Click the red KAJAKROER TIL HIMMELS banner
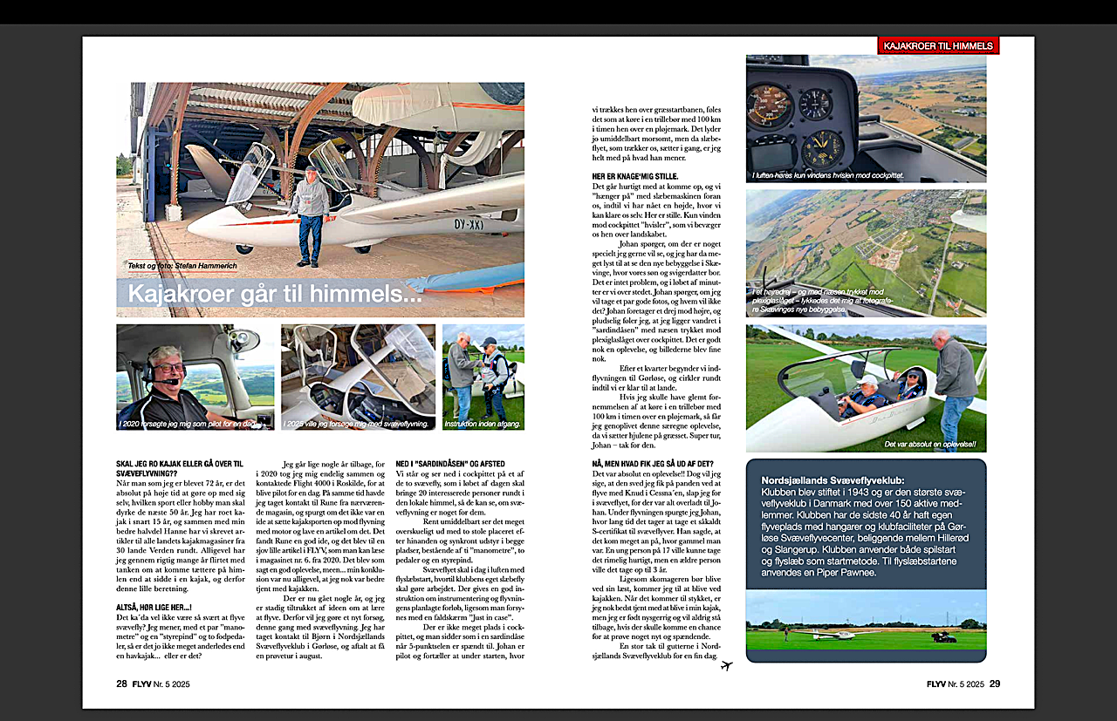[x=937, y=45]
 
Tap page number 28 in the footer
[x=122, y=684]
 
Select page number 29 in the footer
[x=995, y=684]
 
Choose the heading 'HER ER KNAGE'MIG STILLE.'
[x=635, y=176]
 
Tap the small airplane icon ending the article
[x=727, y=666]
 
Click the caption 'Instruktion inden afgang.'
[x=483, y=424]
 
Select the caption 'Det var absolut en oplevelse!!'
[x=930, y=445]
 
